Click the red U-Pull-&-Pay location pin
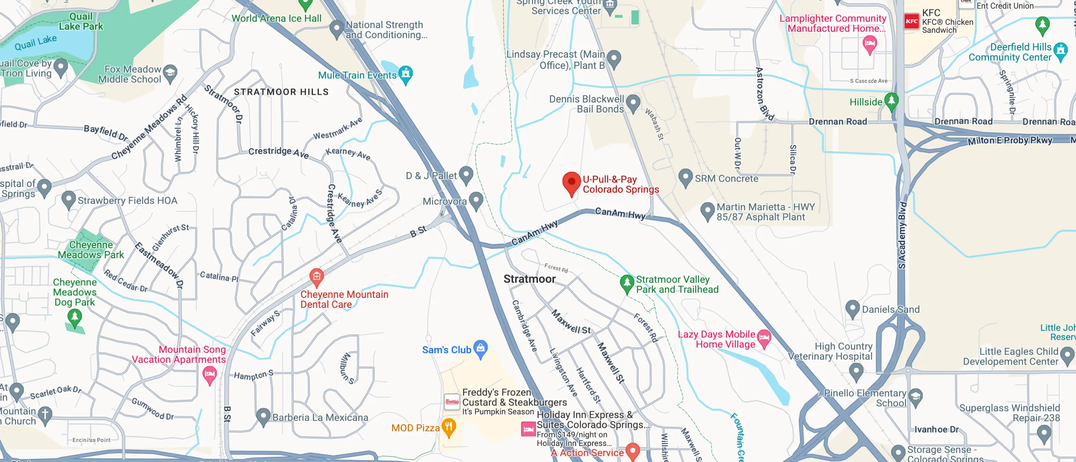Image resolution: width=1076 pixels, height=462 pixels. tap(571, 182)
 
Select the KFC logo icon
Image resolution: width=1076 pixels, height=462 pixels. tap(911, 21)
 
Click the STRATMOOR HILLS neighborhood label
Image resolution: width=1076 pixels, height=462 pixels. tap(281, 92)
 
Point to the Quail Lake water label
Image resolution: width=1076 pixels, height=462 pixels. tap(36, 42)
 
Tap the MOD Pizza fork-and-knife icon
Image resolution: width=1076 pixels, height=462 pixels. tap(449, 426)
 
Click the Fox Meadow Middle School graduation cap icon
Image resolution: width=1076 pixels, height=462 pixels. tap(169, 72)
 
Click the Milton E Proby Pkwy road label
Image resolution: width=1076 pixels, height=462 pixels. tap(1010, 141)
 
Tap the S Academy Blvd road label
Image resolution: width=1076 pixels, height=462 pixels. tap(902, 236)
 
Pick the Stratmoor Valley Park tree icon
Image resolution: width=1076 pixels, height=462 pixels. tap(627, 283)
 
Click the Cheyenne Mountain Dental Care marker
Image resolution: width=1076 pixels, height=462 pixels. tap(316, 276)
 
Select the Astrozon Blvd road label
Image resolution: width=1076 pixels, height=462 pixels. tap(764, 94)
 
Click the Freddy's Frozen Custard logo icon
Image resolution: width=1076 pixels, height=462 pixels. tap(451, 402)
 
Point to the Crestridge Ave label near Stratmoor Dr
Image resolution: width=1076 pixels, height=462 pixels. tap(278, 152)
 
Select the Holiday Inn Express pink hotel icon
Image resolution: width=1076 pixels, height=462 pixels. tap(528, 429)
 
